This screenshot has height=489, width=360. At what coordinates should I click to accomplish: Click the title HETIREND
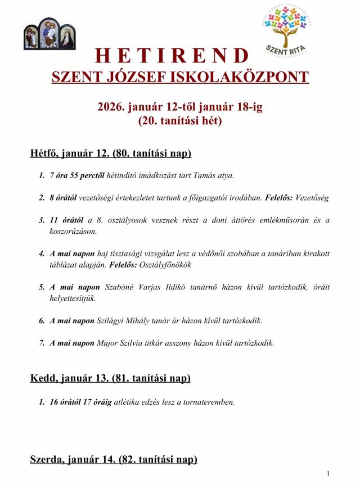point(172,55)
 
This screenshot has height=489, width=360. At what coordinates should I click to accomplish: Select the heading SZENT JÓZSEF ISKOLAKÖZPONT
point(180,76)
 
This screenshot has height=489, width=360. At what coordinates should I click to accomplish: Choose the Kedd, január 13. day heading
point(110,378)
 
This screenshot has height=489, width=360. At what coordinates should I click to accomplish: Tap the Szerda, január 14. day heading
point(114,460)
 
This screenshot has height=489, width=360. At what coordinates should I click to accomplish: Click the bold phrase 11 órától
point(66,220)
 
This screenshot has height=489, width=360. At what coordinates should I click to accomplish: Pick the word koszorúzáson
point(73,231)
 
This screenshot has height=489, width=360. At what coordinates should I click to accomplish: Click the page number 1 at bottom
point(328,474)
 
